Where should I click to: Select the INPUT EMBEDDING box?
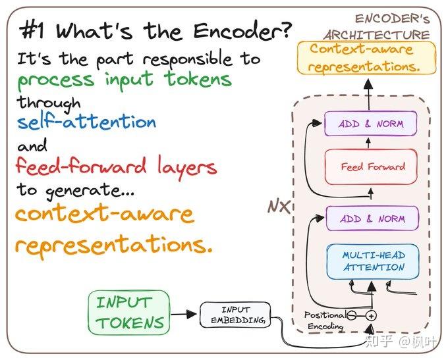(235, 315)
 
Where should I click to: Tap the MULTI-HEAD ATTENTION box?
(373, 261)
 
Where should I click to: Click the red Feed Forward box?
(373, 167)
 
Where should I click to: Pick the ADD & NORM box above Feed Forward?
(371, 124)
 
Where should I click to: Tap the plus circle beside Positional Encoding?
(371, 316)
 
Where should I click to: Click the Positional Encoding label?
(324, 320)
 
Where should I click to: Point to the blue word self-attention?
(87, 122)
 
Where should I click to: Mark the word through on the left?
(49, 103)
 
